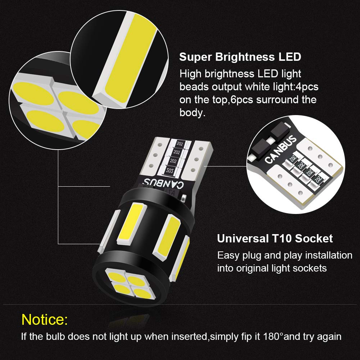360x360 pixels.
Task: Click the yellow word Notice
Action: pos(45,319)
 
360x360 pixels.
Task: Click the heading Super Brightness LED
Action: pos(240,57)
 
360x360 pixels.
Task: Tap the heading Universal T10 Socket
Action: pos(275,238)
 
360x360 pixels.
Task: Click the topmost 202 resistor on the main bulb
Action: pos(180,144)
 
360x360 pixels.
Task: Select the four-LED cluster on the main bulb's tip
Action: pos(130,284)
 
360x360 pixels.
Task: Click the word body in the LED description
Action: pos(192,113)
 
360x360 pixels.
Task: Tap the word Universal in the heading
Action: pos(243,238)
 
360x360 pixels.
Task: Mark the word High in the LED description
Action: pos(191,74)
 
